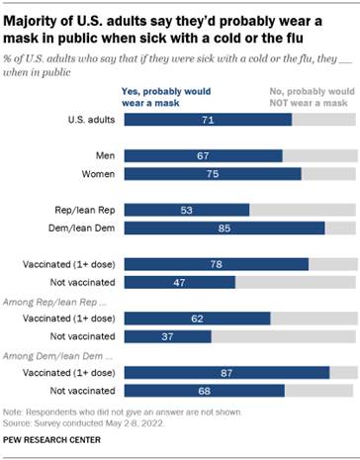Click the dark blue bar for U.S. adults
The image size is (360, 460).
[209, 119]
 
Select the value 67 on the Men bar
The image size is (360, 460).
[204, 155]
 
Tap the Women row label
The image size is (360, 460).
[95, 174]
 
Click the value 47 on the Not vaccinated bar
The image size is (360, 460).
[180, 282]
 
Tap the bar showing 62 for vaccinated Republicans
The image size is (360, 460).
[198, 319]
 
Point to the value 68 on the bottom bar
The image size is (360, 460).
[206, 391]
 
